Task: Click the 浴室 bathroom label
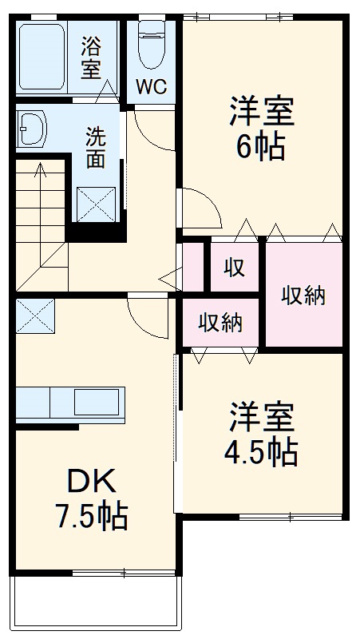click(91, 57)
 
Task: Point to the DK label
click(91, 481)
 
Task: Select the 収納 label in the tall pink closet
click(303, 295)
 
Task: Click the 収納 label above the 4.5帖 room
click(220, 323)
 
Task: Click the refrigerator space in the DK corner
click(34, 316)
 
